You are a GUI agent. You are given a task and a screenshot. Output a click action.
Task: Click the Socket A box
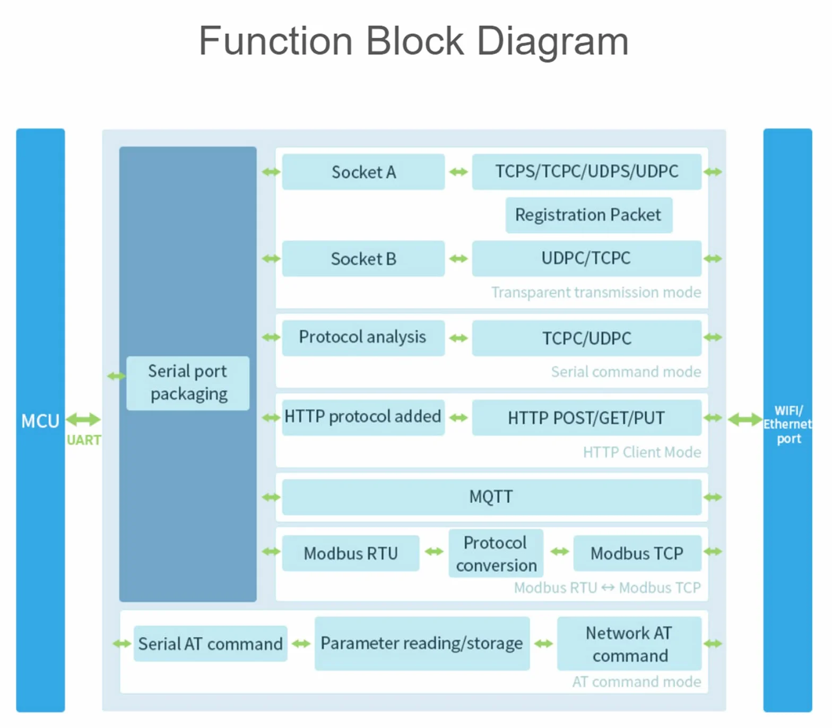363,172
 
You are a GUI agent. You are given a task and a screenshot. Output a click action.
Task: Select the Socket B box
363,259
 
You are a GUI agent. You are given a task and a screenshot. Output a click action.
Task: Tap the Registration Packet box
589,215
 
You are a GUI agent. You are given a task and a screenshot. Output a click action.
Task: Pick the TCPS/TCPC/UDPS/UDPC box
587,172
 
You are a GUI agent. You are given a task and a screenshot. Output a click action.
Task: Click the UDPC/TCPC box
587,259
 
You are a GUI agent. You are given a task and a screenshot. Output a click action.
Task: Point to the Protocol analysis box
363,338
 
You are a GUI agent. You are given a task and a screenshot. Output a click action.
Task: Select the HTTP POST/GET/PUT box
587,418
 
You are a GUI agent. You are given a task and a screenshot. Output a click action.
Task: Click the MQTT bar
492,497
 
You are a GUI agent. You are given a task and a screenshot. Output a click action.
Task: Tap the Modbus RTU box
351,553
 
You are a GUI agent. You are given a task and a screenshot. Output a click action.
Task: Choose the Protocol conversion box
496,553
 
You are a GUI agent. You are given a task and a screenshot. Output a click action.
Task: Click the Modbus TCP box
637,553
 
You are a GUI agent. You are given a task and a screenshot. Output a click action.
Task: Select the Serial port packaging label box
188,383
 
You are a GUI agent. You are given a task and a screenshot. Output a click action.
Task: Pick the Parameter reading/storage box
422,643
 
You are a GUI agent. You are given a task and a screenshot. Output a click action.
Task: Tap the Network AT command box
629,643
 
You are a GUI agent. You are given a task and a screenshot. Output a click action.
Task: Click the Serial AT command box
211,644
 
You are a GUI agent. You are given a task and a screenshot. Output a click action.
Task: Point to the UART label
84,440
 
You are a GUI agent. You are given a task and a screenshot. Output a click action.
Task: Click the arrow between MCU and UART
83,419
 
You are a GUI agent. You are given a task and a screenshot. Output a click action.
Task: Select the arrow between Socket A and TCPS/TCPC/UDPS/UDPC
458,172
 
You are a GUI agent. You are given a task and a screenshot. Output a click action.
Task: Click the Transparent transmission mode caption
596,292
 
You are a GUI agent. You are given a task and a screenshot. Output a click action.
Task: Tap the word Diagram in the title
553,42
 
